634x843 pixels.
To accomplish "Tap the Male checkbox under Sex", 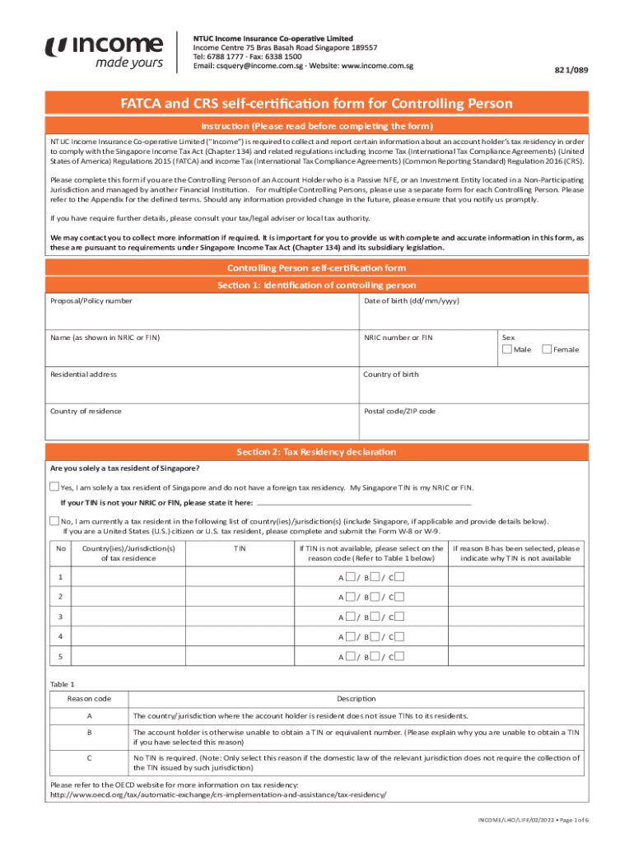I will pos(506,350).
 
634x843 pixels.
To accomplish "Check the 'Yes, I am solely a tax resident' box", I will pos(54,487).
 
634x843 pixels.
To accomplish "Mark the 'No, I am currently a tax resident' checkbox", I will pos(54,521).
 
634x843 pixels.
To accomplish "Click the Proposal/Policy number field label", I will pos(91,301).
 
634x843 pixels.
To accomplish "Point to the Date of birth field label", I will pos(412,301).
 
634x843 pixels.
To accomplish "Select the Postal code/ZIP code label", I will pos(399,411).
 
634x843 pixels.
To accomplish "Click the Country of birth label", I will pos(391,375).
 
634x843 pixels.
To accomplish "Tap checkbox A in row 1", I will pos(351,576).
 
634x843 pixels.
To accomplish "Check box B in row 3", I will pos(375,616).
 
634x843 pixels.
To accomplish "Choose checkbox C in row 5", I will pos(399,656).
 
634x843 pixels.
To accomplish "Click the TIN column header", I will pos(239,548).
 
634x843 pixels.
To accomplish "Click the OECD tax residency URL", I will pos(218,795).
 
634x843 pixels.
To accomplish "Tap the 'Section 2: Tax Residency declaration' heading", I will pos(316,452).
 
